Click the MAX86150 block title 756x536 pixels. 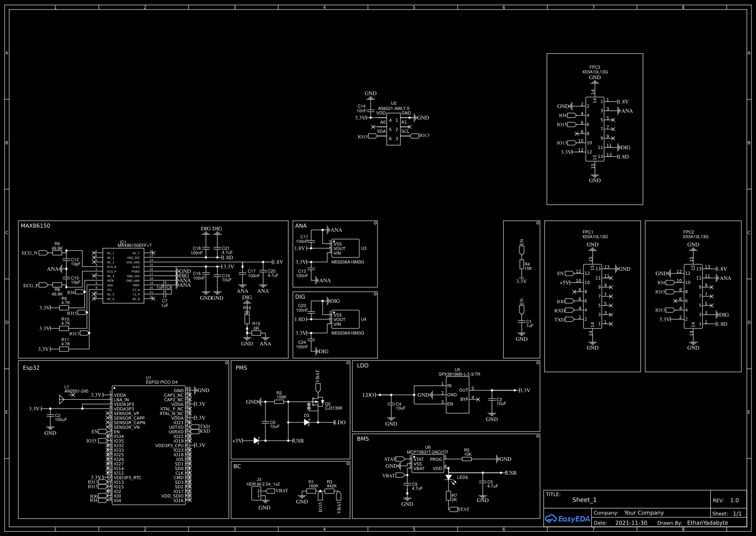35,226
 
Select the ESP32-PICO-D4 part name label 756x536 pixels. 162,382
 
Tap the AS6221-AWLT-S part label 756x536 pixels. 394,109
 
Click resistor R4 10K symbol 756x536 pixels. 521,264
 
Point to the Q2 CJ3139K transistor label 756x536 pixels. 334,406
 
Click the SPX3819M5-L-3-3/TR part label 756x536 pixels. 459,374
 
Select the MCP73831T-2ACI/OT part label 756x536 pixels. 427,452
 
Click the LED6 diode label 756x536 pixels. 462,477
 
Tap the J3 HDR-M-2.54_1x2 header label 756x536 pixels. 263,482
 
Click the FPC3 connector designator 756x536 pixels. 594,67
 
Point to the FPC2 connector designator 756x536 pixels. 688,232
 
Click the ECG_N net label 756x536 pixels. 30,253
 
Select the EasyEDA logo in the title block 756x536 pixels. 567,519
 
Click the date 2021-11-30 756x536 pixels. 631,523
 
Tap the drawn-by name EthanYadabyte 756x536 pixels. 707,523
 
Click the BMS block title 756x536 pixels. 362,439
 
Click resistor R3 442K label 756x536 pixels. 331,484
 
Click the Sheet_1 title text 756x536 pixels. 584,500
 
